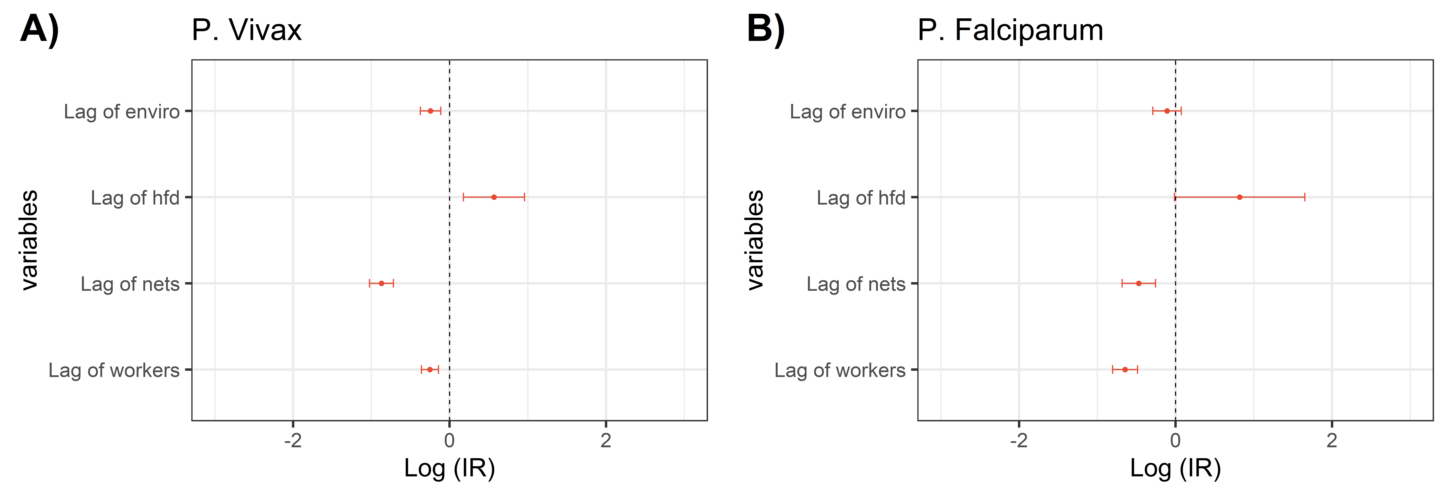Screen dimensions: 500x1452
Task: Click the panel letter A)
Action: (x=39, y=29)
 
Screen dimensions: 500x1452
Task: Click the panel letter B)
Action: (x=765, y=29)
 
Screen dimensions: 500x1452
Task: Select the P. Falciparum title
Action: (x=1010, y=30)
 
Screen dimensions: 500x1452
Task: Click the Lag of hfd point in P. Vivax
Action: (x=494, y=197)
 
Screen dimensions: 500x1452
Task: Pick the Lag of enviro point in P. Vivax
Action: (x=430, y=111)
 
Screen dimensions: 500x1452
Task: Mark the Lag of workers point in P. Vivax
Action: (x=430, y=370)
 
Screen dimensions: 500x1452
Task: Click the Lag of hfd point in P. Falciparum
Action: (x=1239, y=197)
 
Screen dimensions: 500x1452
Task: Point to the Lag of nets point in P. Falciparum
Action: (x=1139, y=283)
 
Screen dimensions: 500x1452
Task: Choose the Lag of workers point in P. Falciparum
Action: (x=1125, y=370)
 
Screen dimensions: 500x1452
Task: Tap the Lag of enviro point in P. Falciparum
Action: (x=1167, y=111)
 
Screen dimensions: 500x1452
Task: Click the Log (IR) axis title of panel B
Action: (x=1175, y=468)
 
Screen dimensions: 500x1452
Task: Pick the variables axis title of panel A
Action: (x=29, y=240)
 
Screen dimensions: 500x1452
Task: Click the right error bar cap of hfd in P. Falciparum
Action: (x=1304, y=197)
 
